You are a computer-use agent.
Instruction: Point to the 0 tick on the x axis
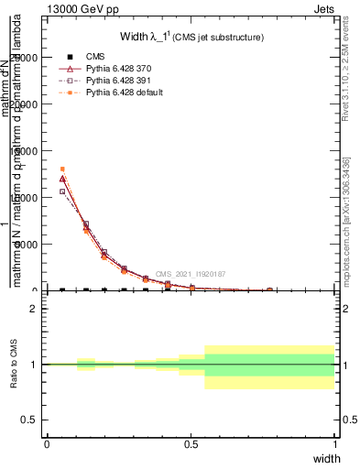point(48,443)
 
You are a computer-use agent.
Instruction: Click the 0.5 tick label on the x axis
point(191,443)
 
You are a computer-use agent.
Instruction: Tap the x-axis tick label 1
point(334,443)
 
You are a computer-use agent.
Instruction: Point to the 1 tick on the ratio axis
point(34,364)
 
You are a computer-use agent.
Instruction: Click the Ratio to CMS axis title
point(14,364)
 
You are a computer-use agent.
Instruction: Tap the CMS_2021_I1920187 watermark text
point(191,274)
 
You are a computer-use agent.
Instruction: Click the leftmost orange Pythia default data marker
point(62,169)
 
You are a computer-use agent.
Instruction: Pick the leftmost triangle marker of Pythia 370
point(62,179)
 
